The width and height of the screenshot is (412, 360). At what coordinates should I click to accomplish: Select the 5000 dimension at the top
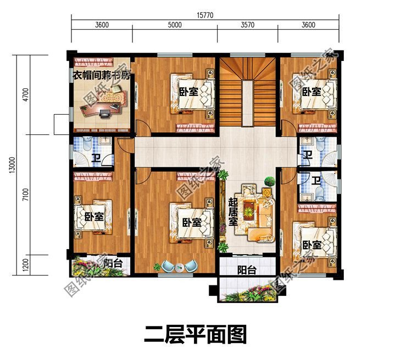175,25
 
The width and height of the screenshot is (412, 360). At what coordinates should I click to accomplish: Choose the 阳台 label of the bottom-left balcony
113,264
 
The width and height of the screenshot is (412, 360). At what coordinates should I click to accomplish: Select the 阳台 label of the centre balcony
247,270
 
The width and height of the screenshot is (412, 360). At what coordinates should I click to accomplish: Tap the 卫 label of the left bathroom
96,159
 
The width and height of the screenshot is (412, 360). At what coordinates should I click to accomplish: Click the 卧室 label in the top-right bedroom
311,92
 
